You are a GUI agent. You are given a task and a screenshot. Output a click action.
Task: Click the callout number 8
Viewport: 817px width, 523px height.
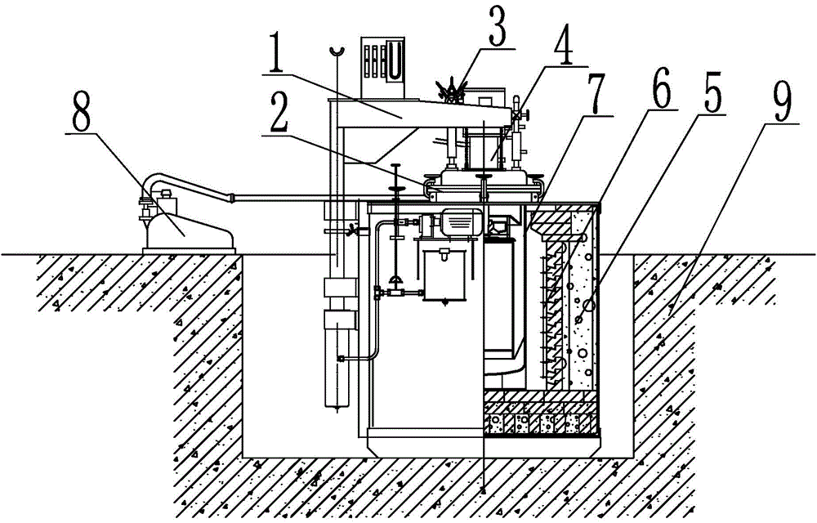(x=82, y=111)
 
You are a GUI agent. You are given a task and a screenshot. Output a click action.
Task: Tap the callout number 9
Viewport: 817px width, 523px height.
(x=781, y=102)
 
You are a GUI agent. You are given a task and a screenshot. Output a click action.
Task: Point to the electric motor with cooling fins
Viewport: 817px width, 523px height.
(x=461, y=223)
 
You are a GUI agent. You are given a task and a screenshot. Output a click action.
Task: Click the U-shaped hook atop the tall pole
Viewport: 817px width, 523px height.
(x=337, y=51)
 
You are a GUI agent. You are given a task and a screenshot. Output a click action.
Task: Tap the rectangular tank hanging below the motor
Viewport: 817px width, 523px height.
(x=445, y=275)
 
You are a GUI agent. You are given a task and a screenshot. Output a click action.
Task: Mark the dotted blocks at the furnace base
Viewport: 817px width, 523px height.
(x=541, y=424)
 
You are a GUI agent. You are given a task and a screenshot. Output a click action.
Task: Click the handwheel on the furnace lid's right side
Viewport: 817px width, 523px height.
(x=525, y=114)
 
